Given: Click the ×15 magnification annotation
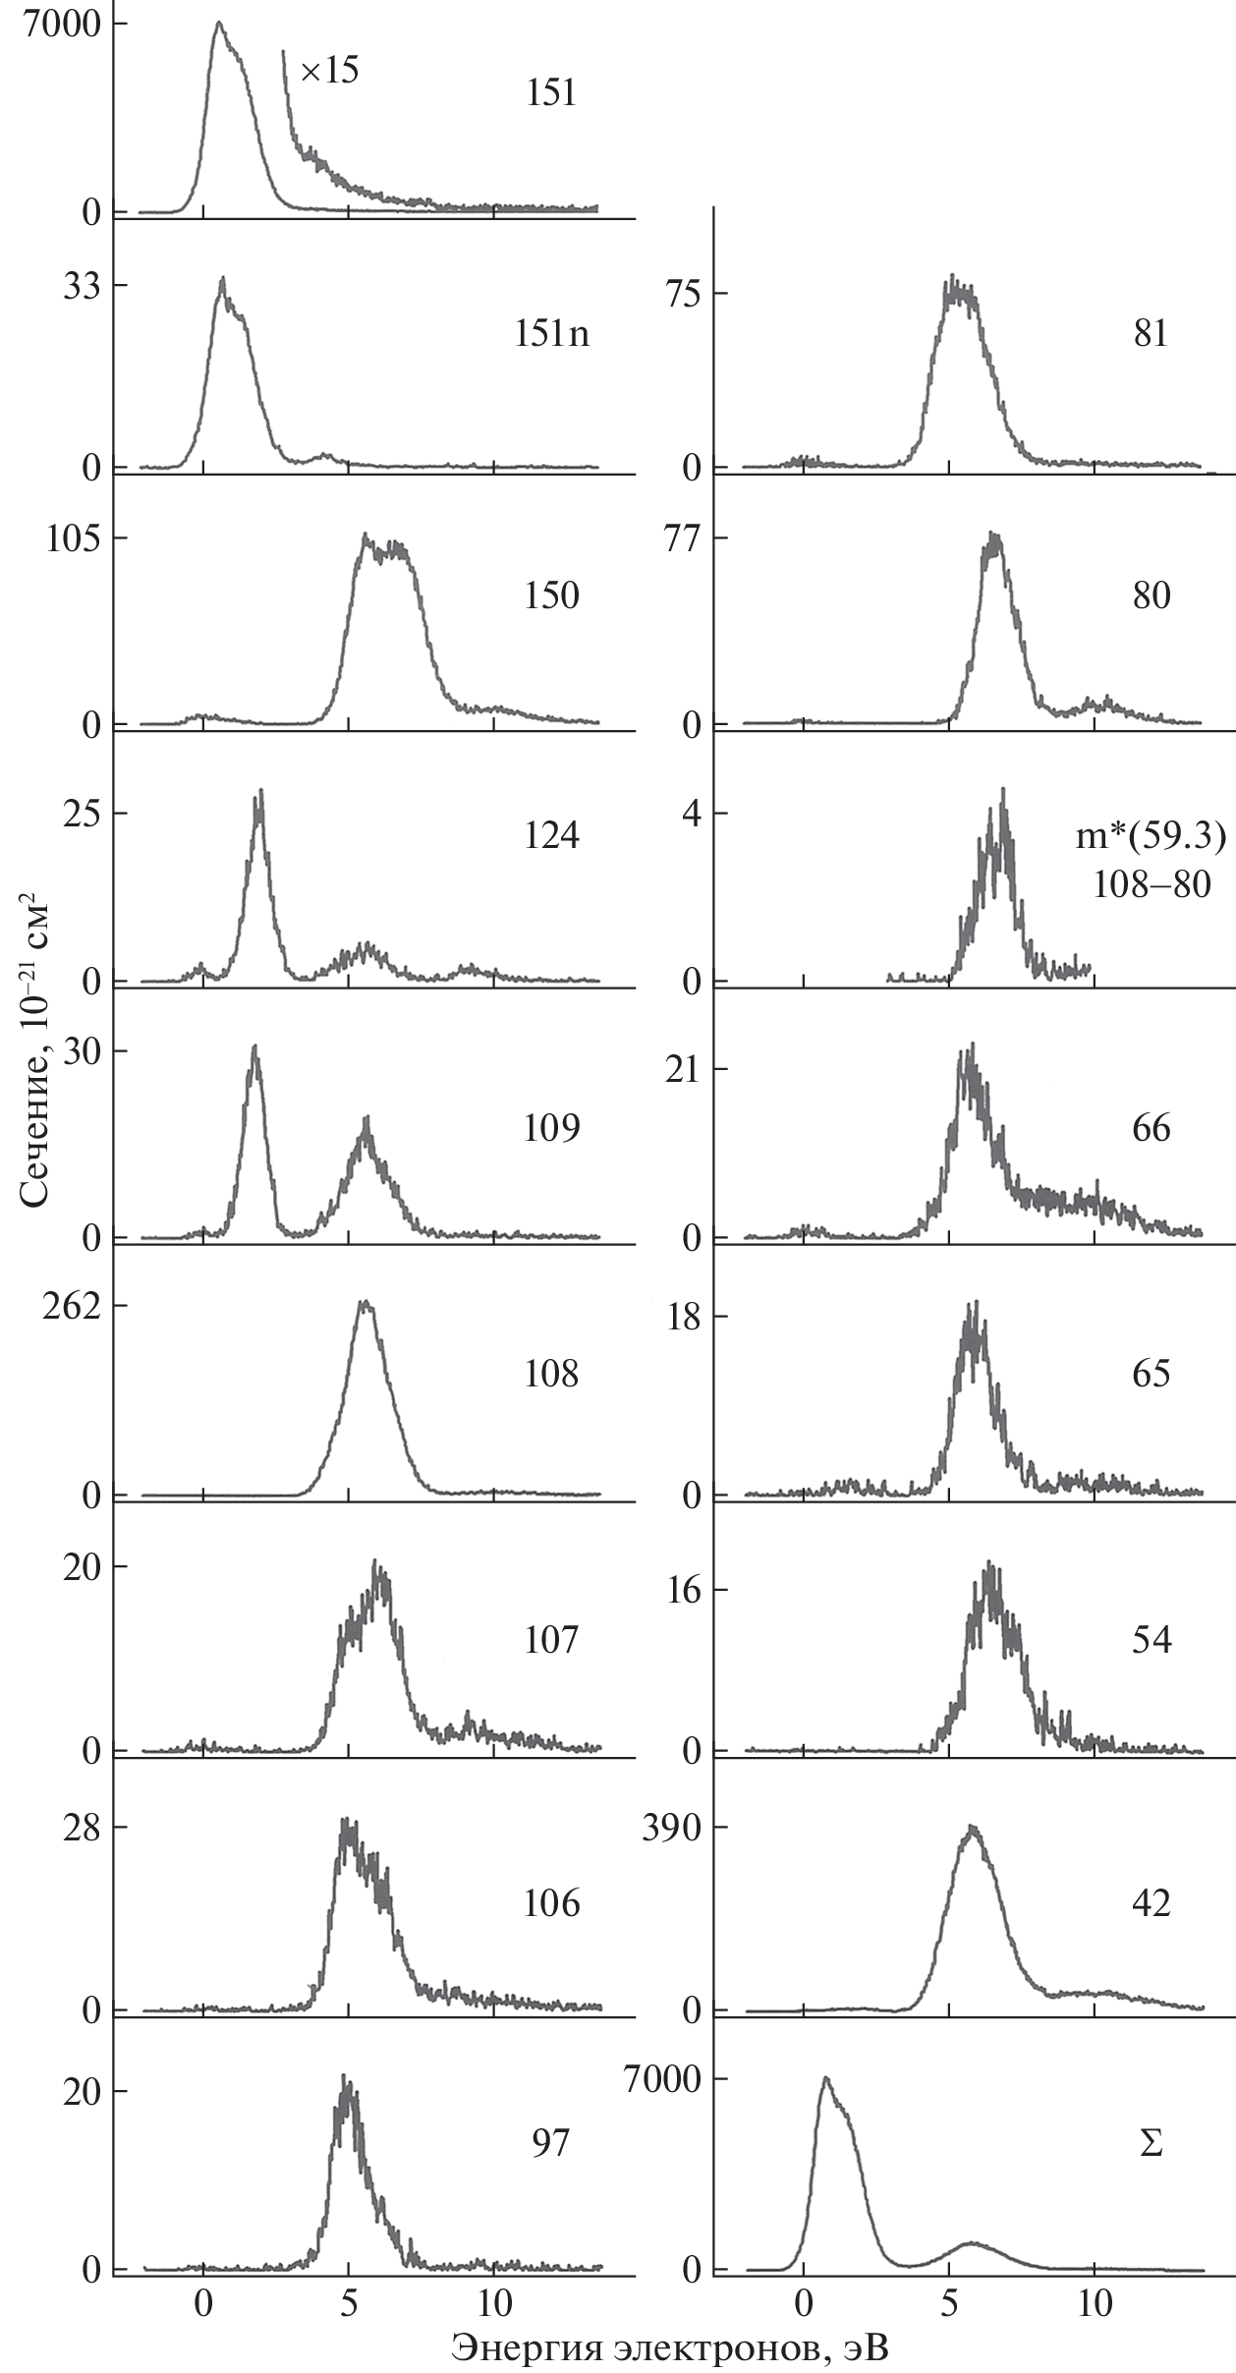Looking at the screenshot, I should [329, 72].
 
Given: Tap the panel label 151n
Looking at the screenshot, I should [552, 335].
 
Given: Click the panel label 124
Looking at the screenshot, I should [551, 836].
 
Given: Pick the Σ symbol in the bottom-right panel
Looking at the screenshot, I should [1151, 2143].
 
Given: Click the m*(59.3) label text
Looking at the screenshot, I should [1151, 837].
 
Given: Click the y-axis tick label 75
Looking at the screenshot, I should [687, 294].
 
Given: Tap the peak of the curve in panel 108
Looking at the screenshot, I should [365, 1303].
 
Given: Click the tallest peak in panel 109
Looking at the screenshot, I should [255, 1047].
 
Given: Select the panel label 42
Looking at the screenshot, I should [1151, 1903].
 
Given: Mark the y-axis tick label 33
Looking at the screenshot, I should [84, 286].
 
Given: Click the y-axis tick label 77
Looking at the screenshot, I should [687, 538].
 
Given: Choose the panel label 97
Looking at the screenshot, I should [550, 2143].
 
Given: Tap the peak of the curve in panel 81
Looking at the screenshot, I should [951, 278].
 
